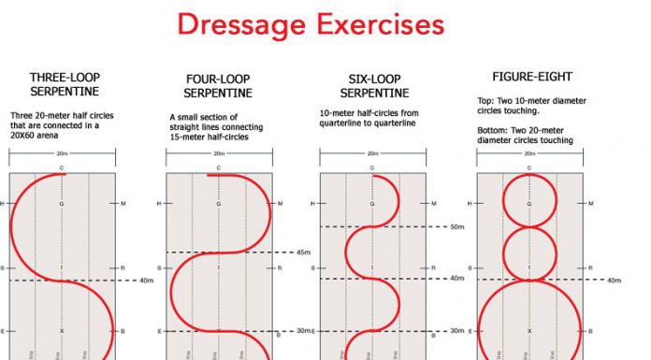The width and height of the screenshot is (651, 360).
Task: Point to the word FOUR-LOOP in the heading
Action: click(217, 80)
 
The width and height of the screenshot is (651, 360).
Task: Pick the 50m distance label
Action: click(456, 226)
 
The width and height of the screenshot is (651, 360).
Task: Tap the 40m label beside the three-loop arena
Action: click(145, 280)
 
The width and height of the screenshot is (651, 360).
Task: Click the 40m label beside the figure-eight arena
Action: click(614, 280)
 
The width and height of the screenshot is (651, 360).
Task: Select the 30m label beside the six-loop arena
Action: click(456, 331)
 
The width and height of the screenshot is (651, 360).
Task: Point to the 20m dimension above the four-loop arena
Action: click(218, 153)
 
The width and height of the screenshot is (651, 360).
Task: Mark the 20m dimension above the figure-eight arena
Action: click(528, 153)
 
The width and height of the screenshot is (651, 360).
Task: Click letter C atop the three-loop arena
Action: click(62, 168)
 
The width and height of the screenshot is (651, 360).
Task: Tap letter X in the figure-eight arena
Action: click(529, 331)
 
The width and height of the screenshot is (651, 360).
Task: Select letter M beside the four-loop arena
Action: click(279, 203)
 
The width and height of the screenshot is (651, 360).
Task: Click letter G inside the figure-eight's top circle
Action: click(529, 203)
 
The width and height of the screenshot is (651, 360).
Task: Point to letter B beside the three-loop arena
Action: click(123, 331)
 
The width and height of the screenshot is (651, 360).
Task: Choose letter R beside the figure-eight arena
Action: click(590, 267)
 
